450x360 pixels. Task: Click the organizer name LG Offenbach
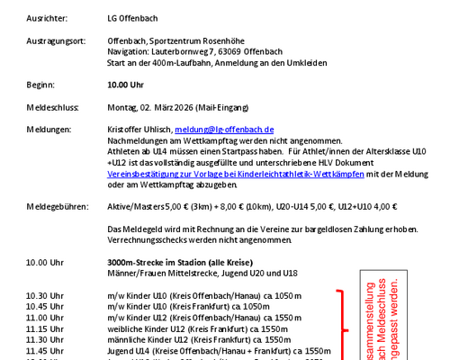[x=134, y=18]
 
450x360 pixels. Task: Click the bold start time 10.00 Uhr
[x=125, y=85]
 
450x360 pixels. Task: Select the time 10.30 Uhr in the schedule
[x=44, y=295]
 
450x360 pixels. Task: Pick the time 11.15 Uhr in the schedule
[x=44, y=329]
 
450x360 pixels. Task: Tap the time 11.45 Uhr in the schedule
[x=44, y=351]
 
